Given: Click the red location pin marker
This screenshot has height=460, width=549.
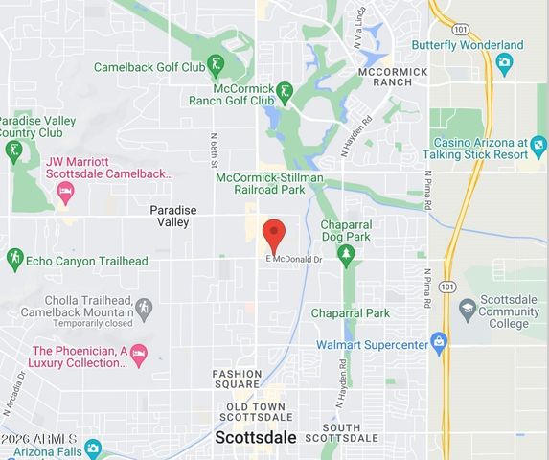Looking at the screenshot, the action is (x=274, y=234).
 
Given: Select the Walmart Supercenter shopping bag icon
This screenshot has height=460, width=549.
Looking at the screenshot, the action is (x=439, y=341).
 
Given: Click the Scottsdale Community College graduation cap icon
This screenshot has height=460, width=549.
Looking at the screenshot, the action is (x=468, y=309).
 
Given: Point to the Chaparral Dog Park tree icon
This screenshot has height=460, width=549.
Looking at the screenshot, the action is (x=346, y=254).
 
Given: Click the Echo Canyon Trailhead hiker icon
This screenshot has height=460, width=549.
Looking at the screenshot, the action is (x=14, y=260).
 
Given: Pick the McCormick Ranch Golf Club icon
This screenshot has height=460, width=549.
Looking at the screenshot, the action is (x=285, y=92).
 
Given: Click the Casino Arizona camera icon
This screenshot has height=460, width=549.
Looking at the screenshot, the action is (x=538, y=147).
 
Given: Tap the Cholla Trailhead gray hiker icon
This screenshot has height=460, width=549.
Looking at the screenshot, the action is (x=144, y=309).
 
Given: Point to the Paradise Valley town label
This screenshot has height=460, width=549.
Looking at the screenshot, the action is (x=175, y=216).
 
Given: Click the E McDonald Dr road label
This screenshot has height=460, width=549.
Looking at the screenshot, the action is (x=295, y=260).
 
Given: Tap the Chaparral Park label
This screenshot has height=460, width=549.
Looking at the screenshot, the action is (x=351, y=313).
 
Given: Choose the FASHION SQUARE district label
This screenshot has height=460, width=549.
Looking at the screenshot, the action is (x=238, y=380).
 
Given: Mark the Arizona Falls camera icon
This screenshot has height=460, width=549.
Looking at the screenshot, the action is (x=93, y=448).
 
